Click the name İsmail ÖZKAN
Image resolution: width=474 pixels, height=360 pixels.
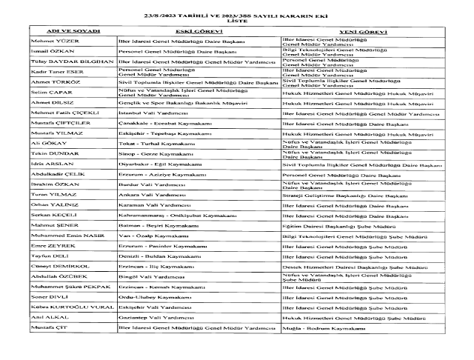(50, 52)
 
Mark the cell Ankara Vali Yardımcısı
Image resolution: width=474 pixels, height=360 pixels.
(148, 193)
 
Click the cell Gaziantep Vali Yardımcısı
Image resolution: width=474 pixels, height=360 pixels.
(151, 316)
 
